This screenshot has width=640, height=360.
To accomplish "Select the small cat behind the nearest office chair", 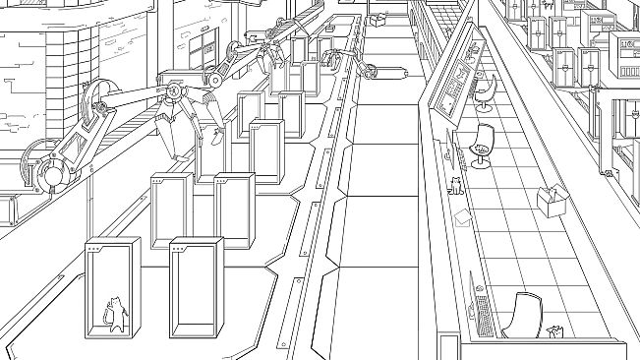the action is pos(554,330).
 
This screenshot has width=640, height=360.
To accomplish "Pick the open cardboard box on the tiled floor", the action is pos(553,201).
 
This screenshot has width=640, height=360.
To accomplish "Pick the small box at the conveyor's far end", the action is pos(378,18).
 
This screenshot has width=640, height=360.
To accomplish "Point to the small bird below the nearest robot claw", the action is pos(208,138).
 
